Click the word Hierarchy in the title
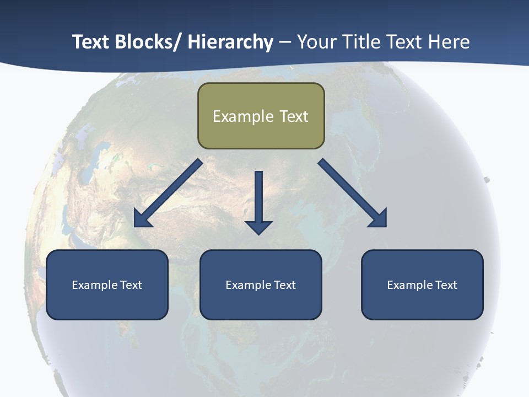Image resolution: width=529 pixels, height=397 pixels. coord(230,42)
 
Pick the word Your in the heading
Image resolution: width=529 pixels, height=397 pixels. coord(317,42)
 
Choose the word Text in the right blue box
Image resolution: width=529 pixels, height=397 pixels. coord(446,285)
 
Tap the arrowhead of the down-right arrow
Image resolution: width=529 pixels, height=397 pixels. coord(379,219)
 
